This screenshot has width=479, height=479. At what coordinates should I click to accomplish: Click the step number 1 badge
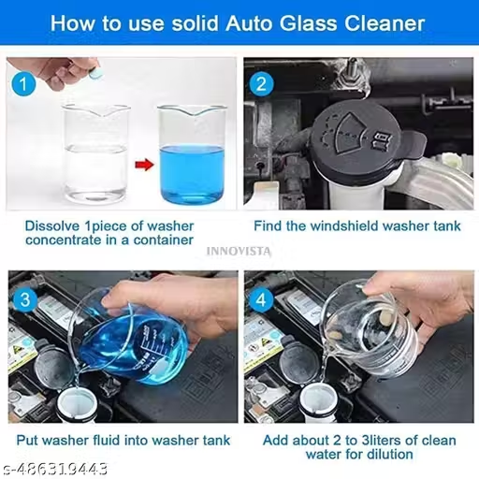pos(23,83)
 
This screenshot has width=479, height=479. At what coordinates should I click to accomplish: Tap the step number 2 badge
pos(261,83)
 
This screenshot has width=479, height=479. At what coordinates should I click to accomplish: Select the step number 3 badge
pos(25,299)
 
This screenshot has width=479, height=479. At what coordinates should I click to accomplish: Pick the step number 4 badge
pos(261,299)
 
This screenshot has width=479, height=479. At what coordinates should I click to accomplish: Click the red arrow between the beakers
pos(144,165)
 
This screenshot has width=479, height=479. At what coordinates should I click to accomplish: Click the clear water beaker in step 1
pos(95,152)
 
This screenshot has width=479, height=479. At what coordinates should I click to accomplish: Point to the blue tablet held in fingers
pos(94,74)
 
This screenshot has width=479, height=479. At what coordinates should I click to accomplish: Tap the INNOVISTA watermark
pos(239,251)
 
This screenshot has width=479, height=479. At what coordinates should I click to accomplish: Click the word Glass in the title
pos(309,23)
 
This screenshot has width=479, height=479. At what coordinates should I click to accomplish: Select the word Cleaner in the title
pos(385,23)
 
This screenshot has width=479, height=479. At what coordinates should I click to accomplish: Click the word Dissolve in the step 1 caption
pos(52,226)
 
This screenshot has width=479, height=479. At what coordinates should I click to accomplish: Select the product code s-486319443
pos(55,469)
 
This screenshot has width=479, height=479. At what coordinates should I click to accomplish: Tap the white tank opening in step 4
pos(317,401)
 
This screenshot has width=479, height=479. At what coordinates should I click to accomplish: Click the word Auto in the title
pos(250,23)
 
